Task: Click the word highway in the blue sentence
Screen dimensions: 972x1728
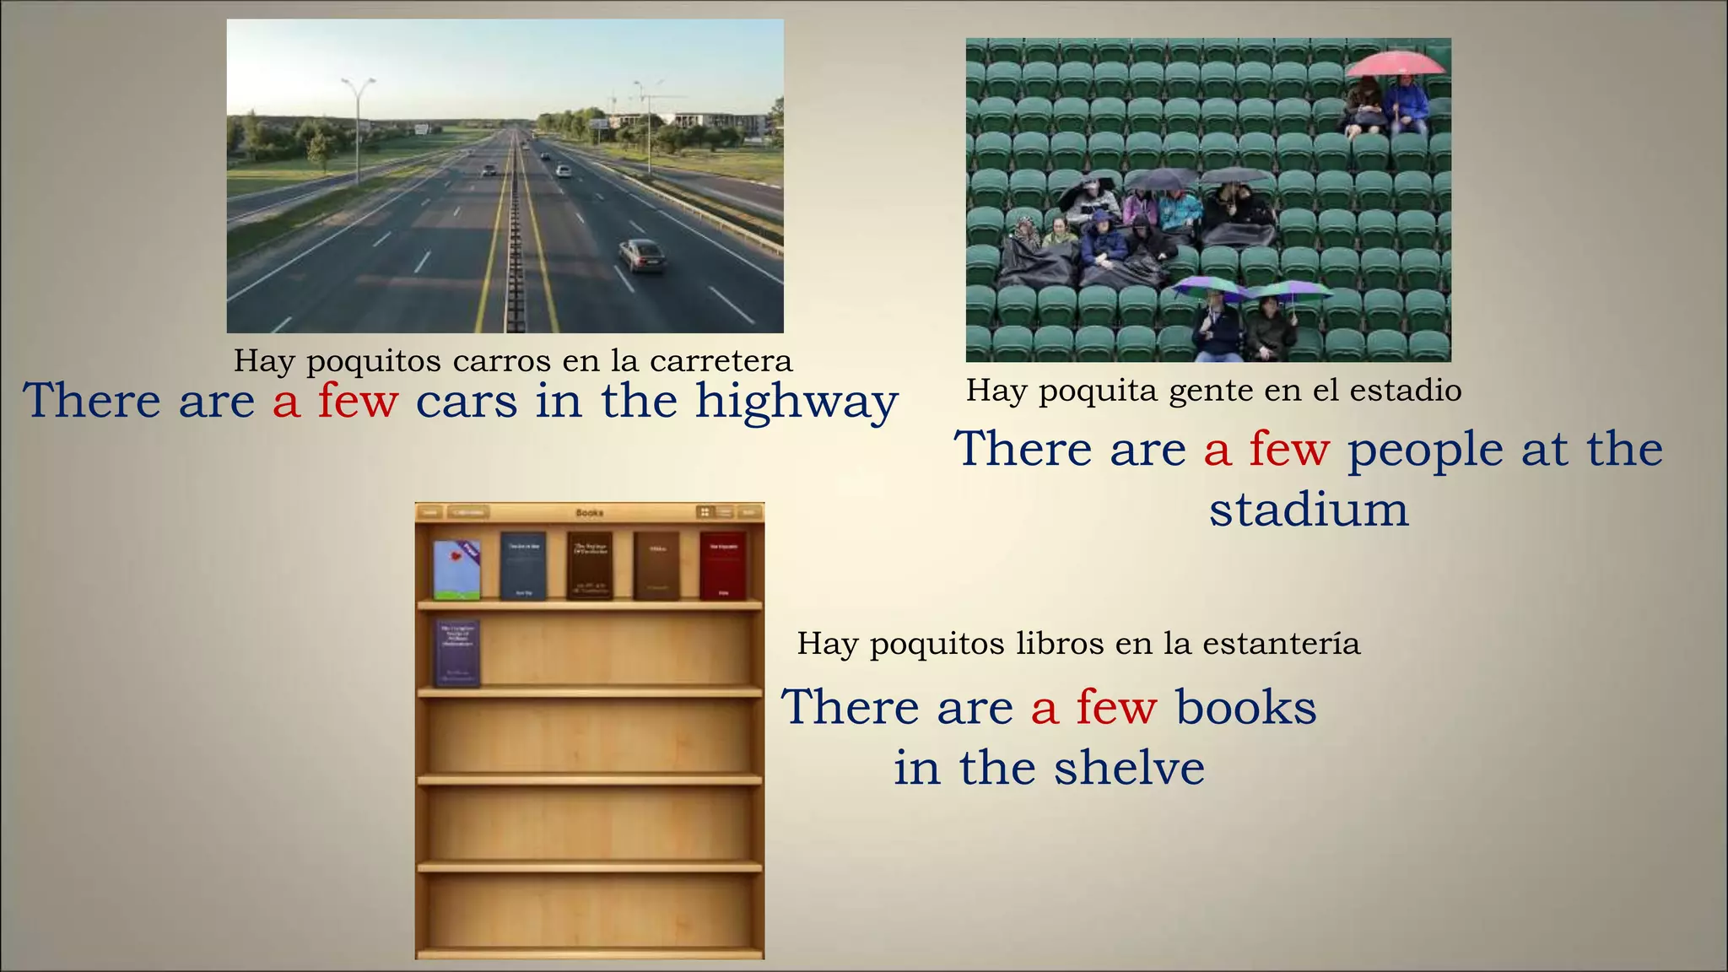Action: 796,402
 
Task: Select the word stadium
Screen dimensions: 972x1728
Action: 1309,510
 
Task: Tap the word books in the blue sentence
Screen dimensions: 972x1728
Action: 1245,707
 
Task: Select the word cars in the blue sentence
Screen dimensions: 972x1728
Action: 466,401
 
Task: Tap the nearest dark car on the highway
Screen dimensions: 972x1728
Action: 642,255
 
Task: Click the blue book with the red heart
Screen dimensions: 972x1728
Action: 457,570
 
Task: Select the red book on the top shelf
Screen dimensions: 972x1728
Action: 722,565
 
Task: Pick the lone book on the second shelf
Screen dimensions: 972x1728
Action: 457,653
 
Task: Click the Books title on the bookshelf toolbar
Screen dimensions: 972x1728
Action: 589,512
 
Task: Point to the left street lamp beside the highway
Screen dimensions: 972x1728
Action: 358,127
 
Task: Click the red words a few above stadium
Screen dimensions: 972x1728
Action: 1266,449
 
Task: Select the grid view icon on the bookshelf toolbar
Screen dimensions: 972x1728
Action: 704,512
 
